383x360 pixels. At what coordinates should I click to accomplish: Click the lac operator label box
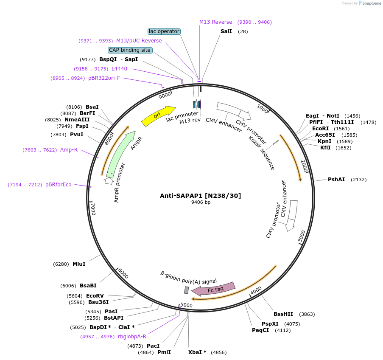(164, 31)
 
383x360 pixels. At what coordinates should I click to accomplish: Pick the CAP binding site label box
(130, 50)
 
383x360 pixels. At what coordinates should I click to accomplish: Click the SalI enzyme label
(226, 31)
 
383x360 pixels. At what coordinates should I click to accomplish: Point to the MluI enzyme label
(79, 264)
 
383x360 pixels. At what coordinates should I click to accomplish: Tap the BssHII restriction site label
(283, 314)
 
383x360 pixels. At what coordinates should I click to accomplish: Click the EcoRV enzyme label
(95, 296)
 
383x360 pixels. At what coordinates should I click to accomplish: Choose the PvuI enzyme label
(77, 135)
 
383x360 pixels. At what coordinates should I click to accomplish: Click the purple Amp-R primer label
(69, 150)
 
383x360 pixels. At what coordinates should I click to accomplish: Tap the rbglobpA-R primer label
(132, 337)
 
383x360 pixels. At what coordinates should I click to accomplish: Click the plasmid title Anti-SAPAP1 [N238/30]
(200, 196)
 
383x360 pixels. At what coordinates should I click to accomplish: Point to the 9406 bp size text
(201, 202)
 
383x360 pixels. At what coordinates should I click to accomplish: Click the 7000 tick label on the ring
(94, 208)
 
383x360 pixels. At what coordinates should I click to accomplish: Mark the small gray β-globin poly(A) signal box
(186, 290)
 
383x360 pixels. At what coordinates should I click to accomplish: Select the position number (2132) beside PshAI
(358, 180)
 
